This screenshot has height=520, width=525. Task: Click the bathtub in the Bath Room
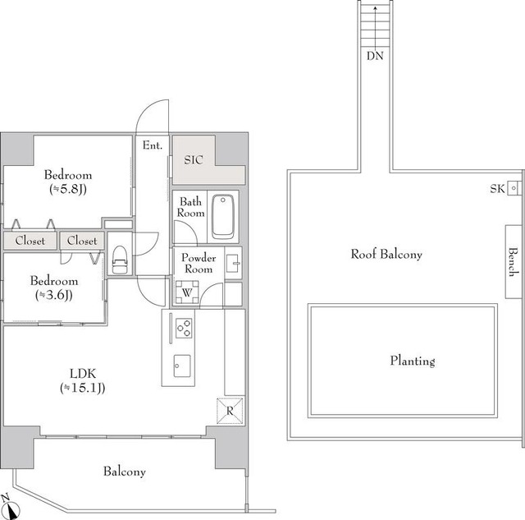222,216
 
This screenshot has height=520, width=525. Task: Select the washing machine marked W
186,291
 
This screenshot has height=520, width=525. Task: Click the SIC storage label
194,159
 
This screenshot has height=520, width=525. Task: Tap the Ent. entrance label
153,145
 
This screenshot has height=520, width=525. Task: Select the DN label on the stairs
374,57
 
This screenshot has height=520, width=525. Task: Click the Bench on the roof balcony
512,261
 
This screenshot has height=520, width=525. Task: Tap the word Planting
412,361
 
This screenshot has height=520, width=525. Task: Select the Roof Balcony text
386,255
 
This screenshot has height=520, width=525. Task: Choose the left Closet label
30,241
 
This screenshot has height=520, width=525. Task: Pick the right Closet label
82,241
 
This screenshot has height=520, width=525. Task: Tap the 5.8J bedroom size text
68,190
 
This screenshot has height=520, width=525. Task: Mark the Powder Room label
198,263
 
